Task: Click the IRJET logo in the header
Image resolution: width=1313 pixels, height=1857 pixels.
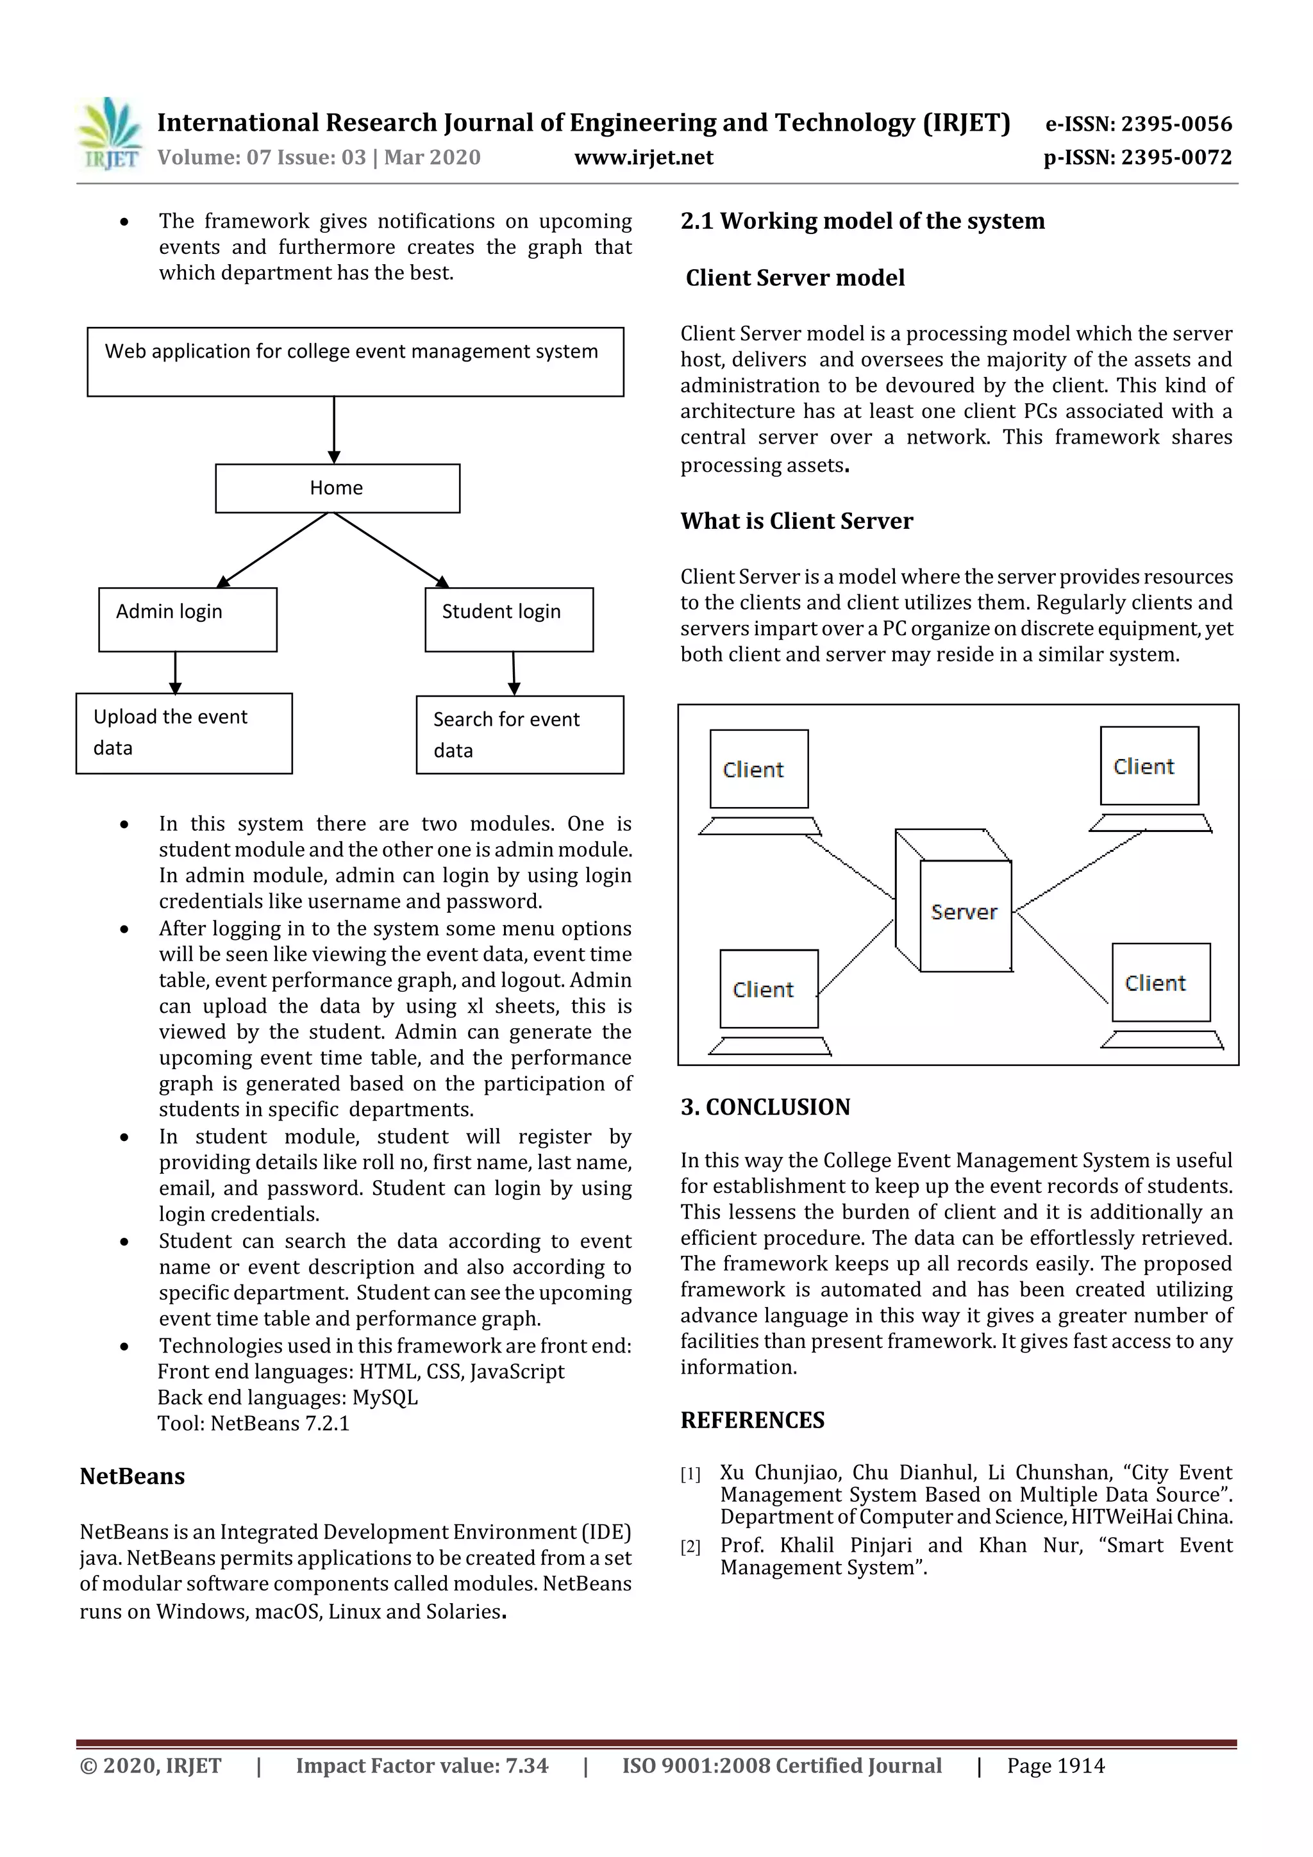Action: point(109,134)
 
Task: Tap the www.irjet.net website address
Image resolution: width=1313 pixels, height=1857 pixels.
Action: point(643,158)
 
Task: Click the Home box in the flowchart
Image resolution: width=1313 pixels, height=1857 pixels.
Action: point(337,488)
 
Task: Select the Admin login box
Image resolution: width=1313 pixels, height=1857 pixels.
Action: point(188,620)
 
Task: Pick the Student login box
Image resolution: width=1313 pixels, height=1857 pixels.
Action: point(509,620)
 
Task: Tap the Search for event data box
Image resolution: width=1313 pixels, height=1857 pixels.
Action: point(519,735)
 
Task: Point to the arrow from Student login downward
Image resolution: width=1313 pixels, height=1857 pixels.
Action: point(514,673)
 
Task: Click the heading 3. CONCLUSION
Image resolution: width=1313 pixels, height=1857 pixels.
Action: point(765,1107)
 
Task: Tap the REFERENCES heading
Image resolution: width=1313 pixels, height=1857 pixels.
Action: point(753,1420)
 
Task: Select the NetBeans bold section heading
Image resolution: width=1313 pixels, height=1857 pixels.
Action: point(132,1476)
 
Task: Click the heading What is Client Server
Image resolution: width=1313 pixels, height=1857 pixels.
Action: point(796,521)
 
